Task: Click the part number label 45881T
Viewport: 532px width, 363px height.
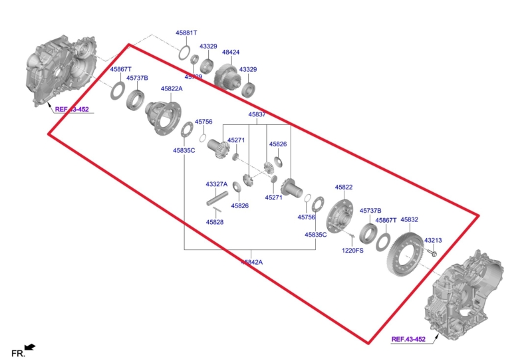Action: pos(187,33)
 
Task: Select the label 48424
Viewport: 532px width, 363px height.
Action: pos(231,52)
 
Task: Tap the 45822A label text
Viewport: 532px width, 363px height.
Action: pos(171,88)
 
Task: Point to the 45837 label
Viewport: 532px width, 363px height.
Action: pos(257,114)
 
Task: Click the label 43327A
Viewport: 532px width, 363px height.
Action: pos(216,184)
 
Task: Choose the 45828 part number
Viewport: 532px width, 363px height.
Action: pos(214,222)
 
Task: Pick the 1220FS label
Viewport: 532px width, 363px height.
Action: pos(352,251)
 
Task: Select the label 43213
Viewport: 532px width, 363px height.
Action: pos(433,240)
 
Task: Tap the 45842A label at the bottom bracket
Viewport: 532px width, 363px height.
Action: pos(251,263)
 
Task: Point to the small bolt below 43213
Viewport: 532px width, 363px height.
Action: pos(434,253)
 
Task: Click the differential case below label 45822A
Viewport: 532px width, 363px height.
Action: pos(163,114)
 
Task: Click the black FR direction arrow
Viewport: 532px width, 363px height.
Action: pos(29,346)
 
